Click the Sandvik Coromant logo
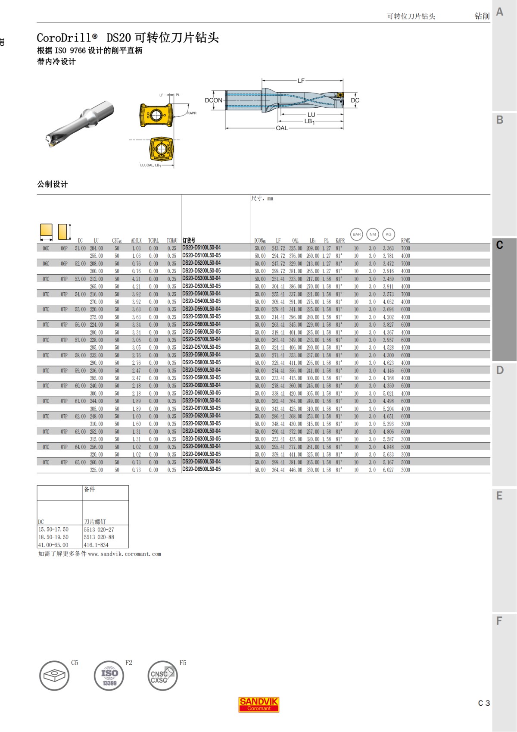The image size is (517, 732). pos(258,704)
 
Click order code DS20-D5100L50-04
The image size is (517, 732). pos(201,248)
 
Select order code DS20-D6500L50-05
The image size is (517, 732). pos(201,469)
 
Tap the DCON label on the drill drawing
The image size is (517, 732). pos(214,100)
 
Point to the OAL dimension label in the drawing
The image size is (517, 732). pos(282,128)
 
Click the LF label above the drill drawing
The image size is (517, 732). pos(301,81)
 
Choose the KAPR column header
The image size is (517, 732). pos(340,241)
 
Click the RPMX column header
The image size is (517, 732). pos(405,241)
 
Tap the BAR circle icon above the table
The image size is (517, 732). pos(357,235)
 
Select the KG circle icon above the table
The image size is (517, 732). pos(389,235)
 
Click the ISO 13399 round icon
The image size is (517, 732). pos(109,676)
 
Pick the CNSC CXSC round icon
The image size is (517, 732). pos(162,676)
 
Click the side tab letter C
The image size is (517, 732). pos(500,245)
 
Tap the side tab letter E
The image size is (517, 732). pos(500,496)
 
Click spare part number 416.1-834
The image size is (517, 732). pos(96,545)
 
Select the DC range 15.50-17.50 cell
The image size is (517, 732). pos(53,529)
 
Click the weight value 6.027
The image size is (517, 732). pos(388,470)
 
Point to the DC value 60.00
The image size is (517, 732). pos(80,386)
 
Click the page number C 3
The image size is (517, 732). pos(484,703)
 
